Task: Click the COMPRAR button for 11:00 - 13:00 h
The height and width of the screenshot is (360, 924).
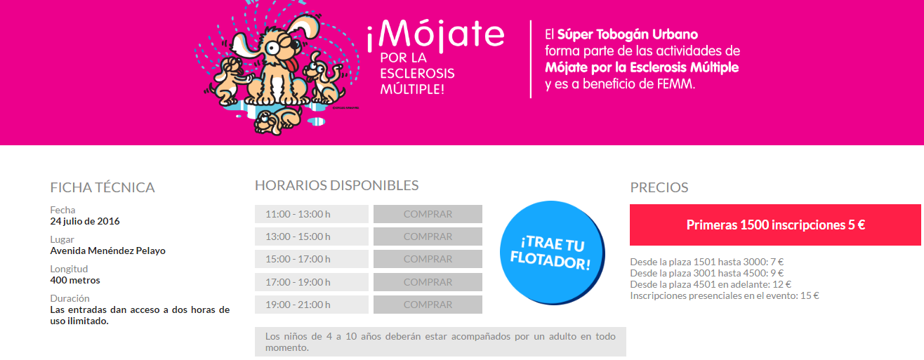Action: pos(428,214)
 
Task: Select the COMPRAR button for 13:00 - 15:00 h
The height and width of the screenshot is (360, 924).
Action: pos(428,236)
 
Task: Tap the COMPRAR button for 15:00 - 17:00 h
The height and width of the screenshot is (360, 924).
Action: pos(428,259)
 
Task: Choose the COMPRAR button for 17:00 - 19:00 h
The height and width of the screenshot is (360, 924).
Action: pos(428,282)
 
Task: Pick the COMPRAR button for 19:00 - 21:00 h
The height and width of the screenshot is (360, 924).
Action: pos(428,305)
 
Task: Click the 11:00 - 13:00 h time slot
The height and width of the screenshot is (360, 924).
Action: pos(312,214)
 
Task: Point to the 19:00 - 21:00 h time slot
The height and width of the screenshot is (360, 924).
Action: pos(312,305)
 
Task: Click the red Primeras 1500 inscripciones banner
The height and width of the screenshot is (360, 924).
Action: pos(775,225)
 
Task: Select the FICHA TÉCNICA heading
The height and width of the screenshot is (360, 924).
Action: pos(103,187)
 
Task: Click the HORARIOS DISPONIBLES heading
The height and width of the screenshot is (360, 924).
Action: pos(336,185)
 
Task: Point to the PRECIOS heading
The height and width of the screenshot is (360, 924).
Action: pos(659,187)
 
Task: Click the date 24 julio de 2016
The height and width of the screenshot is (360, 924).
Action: pos(85,221)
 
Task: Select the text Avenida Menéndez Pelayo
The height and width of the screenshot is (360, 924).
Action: pos(108,251)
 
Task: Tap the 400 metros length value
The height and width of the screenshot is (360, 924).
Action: pos(75,280)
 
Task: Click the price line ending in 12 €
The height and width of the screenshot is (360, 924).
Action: pos(711,284)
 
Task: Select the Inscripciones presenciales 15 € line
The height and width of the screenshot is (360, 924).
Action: pos(725,295)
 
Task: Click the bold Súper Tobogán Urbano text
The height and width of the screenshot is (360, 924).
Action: pos(627,34)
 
